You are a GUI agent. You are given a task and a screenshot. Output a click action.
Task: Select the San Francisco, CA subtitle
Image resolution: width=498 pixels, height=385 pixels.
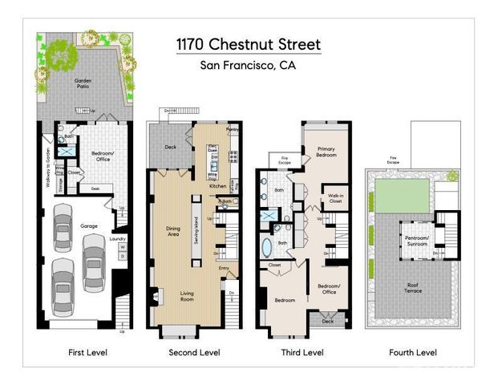[x=248, y=66]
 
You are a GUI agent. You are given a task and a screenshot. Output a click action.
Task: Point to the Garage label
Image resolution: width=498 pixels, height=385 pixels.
[x=89, y=227]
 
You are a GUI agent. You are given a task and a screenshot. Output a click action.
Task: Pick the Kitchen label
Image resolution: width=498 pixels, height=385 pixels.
[x=218, y=185]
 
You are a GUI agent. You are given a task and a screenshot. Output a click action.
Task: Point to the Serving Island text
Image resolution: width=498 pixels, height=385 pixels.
[x=197, y=233]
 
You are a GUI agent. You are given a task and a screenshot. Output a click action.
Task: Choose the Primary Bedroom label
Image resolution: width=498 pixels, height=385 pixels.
[x=326, y=152]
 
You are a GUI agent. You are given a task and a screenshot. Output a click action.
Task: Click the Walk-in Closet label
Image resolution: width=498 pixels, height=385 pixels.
[x=335, y=198]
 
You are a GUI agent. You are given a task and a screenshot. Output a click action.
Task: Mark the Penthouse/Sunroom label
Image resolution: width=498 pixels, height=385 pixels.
[x=416, y=241]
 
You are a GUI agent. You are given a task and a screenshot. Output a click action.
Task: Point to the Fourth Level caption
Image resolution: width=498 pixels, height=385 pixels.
[x=414, y=352]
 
